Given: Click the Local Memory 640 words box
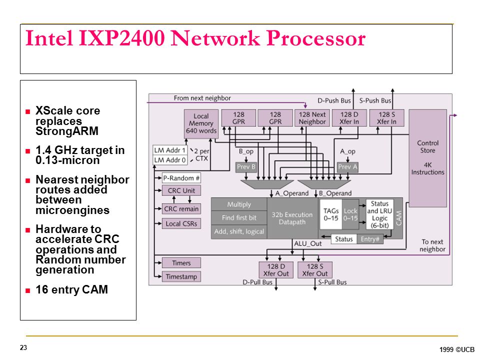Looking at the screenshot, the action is pos(201,123).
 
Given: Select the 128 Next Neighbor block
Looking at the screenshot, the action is pos(312,118).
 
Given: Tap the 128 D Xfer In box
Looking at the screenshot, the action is pos(349,118).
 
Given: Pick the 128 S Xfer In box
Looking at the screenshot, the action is pos(386,118).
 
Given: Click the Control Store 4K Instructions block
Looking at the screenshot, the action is pos(427,158).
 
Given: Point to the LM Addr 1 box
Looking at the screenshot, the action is pos(170,150).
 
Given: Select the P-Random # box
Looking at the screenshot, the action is pos(181,178).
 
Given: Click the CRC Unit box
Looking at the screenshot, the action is pos(181,190).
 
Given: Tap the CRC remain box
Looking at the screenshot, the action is pos(181,209).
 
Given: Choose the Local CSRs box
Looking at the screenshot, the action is pos(181,224).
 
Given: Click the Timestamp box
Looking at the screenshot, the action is pos(181,276).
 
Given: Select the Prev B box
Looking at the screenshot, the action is pos(246,167).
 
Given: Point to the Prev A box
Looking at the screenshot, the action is pos(347,167).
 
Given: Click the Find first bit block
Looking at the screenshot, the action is pos(239,217).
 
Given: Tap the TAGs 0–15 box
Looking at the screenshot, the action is pos(331,214).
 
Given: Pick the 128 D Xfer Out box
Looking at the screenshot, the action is pos(276,270).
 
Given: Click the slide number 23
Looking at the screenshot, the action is pos(23,348).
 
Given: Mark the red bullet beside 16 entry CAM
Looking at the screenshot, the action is pos(28,290).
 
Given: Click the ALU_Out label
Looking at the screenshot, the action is pos(307,243).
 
